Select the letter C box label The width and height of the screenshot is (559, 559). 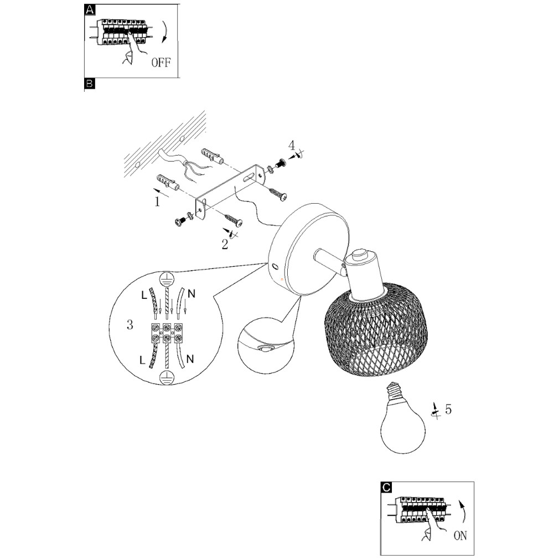point(386,487)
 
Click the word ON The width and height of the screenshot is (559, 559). point(460,535)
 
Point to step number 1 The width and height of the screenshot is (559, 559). point(157,202)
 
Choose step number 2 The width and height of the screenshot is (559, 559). point(225,245)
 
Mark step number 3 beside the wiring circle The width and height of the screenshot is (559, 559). point(130,325)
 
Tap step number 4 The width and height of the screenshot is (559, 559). point(291,146)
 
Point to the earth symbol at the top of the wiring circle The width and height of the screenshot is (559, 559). point(167,278)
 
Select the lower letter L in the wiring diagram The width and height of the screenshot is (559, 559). point(143,360)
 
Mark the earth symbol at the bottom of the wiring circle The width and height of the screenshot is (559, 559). point(167,377)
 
